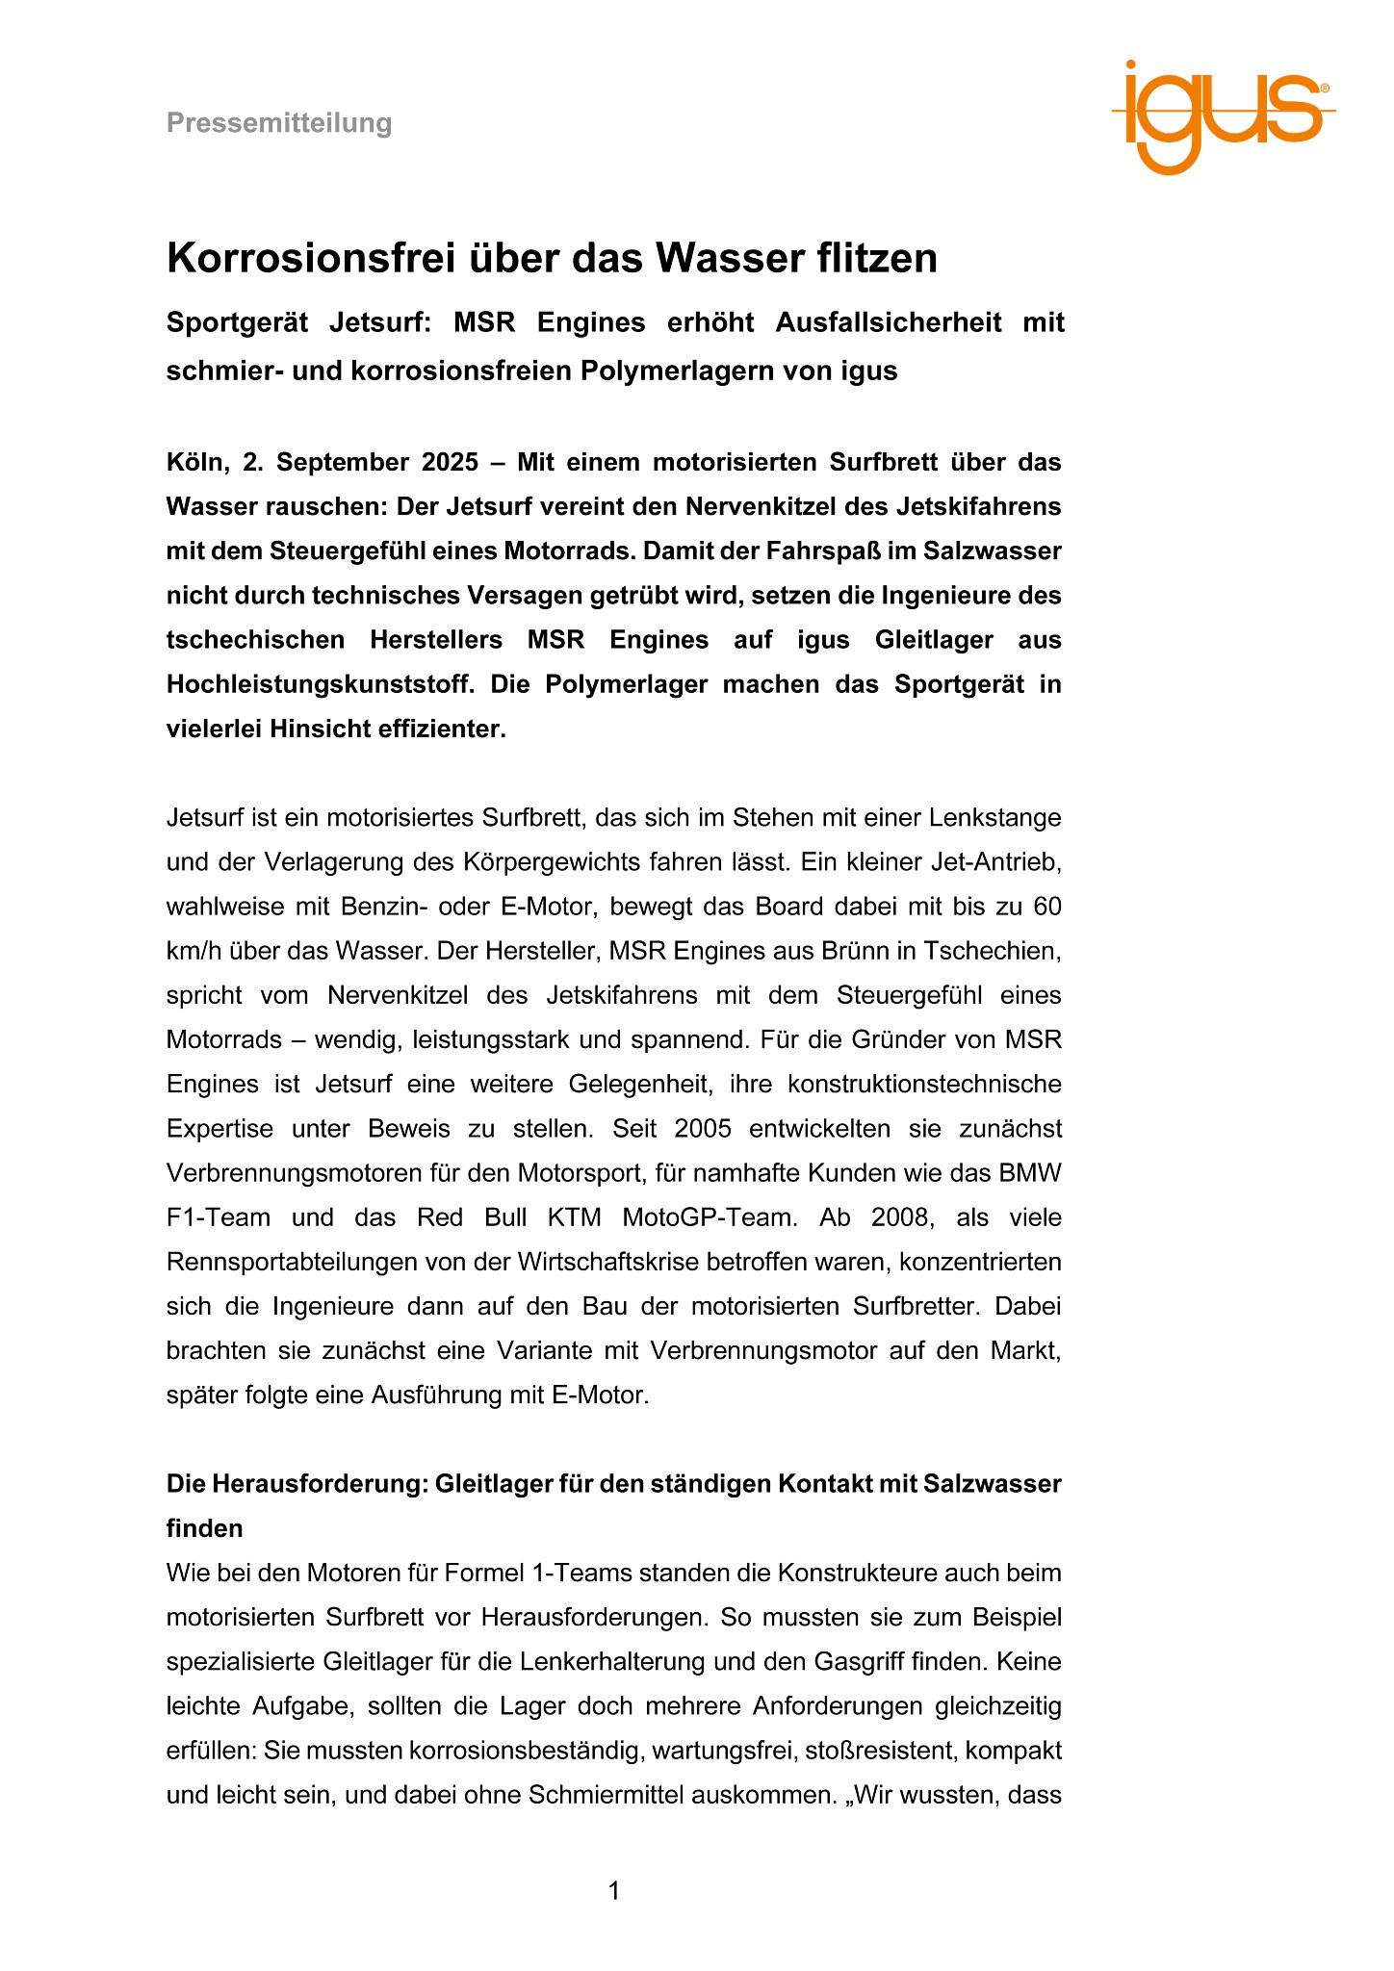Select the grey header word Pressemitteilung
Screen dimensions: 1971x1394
click(279, 123)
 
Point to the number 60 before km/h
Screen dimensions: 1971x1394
click(1046, 907)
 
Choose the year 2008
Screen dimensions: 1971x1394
click(901, 1217)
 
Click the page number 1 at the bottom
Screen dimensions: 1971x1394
click(614, 1891)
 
